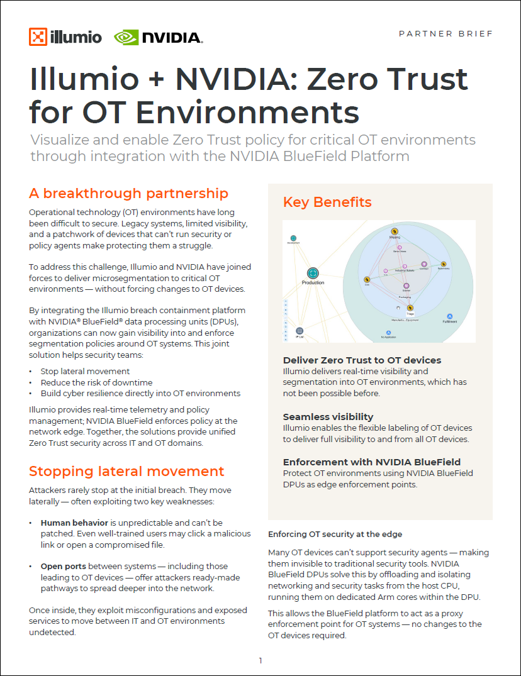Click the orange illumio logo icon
[x=38, y=37]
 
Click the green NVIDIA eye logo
[x=126, y=38]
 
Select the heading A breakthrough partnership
[x=128, y=193]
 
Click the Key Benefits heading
[x=327, y=202]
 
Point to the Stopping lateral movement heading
[x=126, y=471]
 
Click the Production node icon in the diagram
[x=313, y=273]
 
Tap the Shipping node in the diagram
[x=395, y=232]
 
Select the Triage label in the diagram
[x=410, y=313]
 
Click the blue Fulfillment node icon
[x=450, y=316]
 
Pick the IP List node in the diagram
[x=300, y=331]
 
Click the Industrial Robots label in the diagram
[x=405, y=270]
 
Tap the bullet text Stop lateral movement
[x=85, y=372]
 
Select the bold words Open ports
[x=61, y=567]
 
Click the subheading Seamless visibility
[x=328, y=417]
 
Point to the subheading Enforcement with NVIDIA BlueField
[x=372, y=462]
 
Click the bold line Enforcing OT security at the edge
[x=335, y=535]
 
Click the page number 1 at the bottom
[x=260, y=660]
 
